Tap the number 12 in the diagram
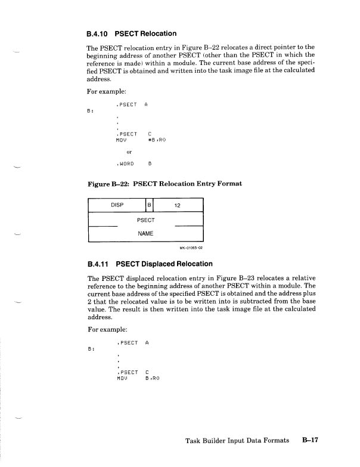177,205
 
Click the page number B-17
311,441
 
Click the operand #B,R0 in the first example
156,140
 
